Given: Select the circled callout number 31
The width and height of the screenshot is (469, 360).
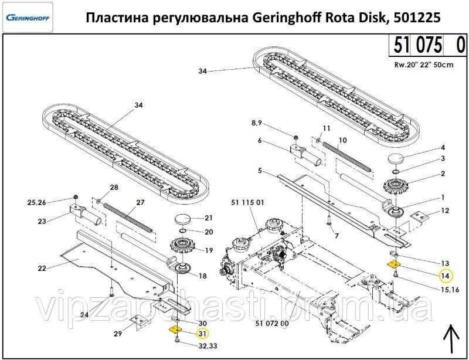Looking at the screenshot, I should coord(202,334).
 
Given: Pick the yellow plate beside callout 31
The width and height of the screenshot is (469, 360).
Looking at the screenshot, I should coord(174,330).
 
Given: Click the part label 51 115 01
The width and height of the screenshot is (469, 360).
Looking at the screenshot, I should coord(248,203).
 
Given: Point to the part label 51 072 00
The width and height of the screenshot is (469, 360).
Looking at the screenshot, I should coord(272,323).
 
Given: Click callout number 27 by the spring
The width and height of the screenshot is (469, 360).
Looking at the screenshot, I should coord(140,202).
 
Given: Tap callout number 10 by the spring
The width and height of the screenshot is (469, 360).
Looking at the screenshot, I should coord(343,140).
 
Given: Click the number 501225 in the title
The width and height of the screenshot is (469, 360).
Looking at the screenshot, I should coord(416,17).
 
